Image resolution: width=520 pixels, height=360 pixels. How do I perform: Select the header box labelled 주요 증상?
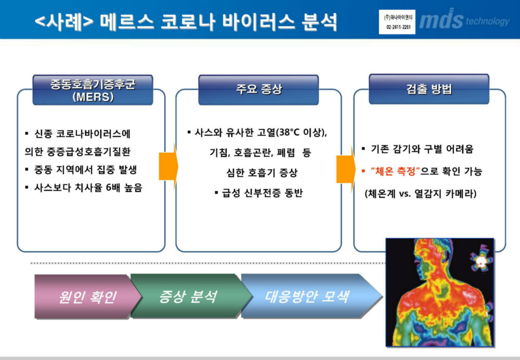[258, 89]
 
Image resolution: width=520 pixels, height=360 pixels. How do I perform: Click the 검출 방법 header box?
[429, 89]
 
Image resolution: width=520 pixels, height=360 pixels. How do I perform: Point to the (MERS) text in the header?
[93, 97]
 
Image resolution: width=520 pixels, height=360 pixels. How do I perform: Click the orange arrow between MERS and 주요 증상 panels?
[168, 166]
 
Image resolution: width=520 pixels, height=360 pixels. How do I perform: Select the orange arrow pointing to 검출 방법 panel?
[346, 169]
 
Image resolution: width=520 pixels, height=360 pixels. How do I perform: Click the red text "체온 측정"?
[395, 171]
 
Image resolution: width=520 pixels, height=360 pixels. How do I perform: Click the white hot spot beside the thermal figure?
[480, 262]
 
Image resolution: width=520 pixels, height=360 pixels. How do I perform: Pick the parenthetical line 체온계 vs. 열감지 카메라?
[421, 194]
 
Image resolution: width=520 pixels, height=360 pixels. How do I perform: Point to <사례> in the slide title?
[64, 22]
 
